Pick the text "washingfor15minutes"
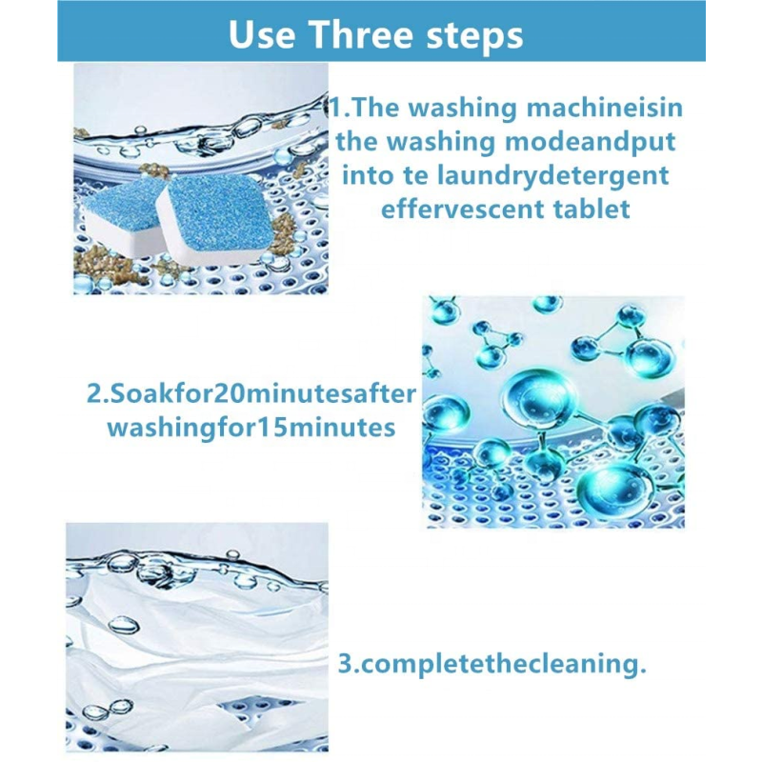point(251,428)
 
